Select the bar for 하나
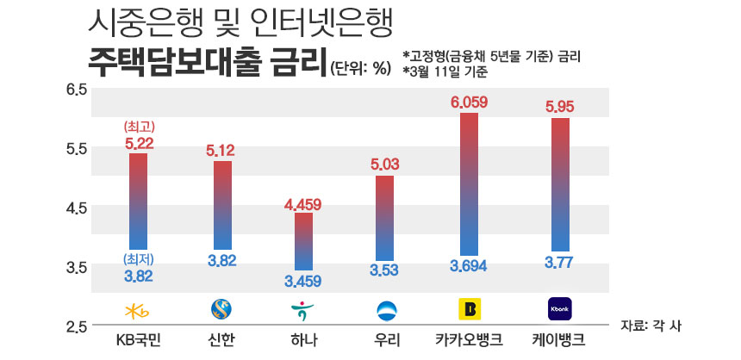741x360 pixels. [304, 241]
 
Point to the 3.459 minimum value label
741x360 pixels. [304, 281]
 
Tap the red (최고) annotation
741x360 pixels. [138, 128]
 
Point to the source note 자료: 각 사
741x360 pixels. [656, 326]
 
